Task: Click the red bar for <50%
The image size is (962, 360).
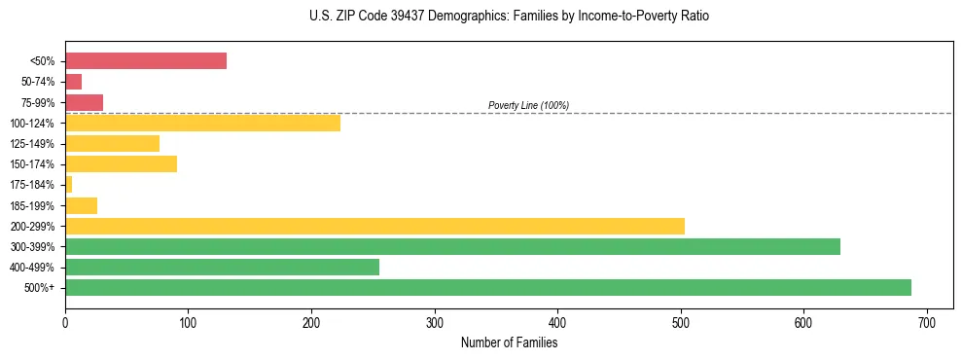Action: (x=146, y=61)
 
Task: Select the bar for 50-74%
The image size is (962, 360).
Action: (x=73, y=82)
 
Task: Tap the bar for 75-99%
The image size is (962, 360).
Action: (x=84, y=102)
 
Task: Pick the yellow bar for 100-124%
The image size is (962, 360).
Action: (x=202, y=123)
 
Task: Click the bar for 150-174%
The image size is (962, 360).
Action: (x=121, y=164)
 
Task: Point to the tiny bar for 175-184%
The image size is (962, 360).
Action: (x=68, y=185)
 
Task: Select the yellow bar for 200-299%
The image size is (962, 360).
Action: (x=374, y=226)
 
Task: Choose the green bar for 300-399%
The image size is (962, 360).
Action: (x=452, y=246)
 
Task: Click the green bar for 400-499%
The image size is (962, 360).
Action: (x=222, y=267)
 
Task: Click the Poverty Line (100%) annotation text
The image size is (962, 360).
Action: (x=528, y=105)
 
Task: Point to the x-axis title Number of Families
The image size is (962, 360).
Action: (x=509, y=342)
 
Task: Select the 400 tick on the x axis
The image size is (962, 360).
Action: (x=557, y=322)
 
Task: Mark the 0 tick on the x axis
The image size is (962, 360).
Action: (x=65, y=322)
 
